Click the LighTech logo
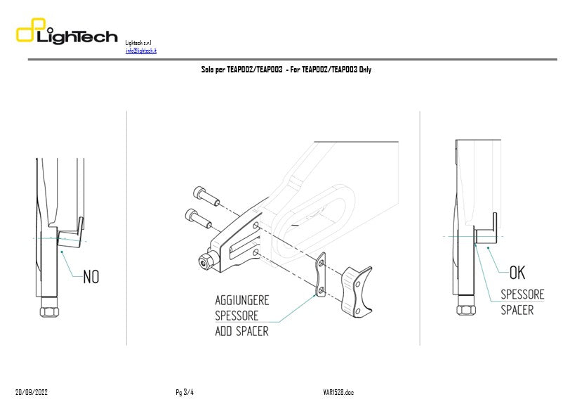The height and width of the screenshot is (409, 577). pos(67,34)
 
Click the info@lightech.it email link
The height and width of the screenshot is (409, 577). pos(141,51)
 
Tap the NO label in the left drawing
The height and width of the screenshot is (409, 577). pos(91,277)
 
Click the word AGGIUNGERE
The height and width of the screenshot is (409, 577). pos(241,300)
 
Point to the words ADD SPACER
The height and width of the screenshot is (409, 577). pos(241,330)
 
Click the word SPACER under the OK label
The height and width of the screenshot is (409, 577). pos(517,310)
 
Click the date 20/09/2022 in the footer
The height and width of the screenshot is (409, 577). pos(32,392)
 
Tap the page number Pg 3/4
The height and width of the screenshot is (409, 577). pos(185,392)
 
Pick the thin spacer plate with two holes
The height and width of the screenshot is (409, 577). pos(321,276)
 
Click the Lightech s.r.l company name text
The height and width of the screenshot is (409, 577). pos(138,43)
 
